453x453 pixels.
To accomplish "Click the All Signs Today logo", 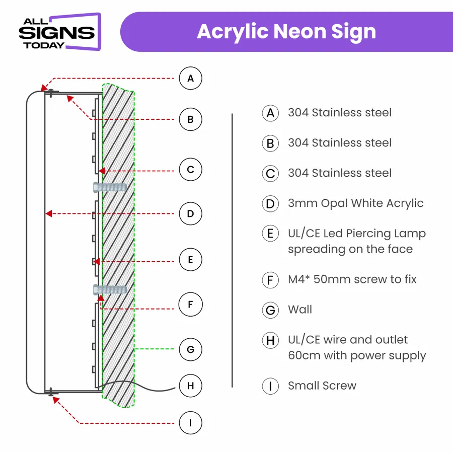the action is click(60, 32).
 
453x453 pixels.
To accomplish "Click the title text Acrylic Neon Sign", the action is click(286, 32).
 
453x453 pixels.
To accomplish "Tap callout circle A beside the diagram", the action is click(190, 79).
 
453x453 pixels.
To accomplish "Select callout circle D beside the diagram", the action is click(190, 214).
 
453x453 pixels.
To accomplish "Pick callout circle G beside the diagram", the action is click(190, 349).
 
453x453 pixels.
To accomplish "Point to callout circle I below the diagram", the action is click(190, 423).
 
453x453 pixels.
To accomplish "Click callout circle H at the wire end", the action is click(190, 386).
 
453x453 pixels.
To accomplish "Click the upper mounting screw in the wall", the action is click(110, 188).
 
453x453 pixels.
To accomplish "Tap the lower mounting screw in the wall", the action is click(110, 289).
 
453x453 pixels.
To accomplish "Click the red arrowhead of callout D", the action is click(48, 214).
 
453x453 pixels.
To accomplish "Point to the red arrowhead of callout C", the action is click(102, 171).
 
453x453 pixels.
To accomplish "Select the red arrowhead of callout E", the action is click(97, 262).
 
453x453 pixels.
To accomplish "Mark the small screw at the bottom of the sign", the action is click(51, 392).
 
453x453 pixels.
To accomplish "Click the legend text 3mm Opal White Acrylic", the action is click(356, 203).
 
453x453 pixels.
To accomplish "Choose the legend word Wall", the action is click(300, 310).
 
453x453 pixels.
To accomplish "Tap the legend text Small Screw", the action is click(322, 386).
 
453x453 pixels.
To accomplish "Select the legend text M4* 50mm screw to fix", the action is click(352, 279).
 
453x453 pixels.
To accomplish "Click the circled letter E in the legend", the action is click(270, 234).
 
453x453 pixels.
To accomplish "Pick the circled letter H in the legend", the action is click(270, 340).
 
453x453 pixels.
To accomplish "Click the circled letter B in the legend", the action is click(270, 143).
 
